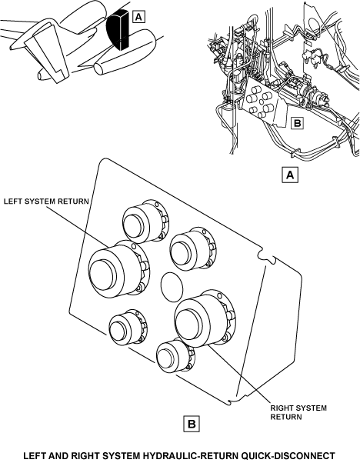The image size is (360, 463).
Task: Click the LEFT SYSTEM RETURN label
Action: (46, 202)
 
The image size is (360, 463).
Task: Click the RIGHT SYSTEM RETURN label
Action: (298, 412)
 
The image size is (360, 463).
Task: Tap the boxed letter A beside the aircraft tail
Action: (138, 17)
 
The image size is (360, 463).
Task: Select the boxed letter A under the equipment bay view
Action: (290, 175)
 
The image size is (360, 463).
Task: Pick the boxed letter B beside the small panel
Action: (297, 123)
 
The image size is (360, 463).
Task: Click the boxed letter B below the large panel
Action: (192, 424)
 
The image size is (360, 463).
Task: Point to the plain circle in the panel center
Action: (172, 287)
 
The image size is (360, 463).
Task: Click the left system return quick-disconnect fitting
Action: (119, 269)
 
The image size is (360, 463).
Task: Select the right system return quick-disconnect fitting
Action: (205, 318)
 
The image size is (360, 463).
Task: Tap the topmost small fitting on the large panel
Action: (145, 221)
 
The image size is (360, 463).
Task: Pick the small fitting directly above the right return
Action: (192, 248)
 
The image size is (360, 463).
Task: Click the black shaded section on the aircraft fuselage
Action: (118, 29)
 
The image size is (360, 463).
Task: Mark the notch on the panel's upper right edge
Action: (266, 255)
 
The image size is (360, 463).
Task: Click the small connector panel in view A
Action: (262, 102)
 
